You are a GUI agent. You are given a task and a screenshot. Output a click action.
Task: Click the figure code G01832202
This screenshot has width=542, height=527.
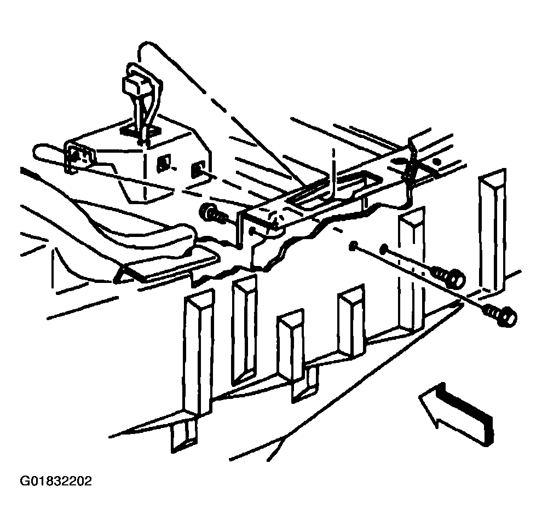pyautogui.click(x=56, y=481)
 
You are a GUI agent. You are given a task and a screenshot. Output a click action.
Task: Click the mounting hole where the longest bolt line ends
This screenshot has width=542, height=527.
pyautogui.click(x=353, y=246)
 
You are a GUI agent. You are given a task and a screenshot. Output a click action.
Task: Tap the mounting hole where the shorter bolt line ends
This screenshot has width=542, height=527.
pyautogui.click(x=384, y=248)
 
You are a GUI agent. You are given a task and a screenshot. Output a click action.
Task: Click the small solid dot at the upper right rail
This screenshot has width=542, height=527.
pyautogui.click(x=437, y=161)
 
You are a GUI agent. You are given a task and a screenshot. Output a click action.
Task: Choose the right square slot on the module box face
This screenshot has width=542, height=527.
pyautogui.click(x=197, y=169)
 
